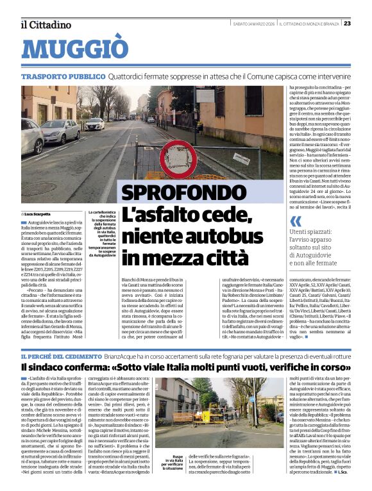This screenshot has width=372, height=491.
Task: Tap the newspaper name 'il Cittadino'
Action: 45,24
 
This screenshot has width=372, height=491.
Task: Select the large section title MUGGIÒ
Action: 74,49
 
